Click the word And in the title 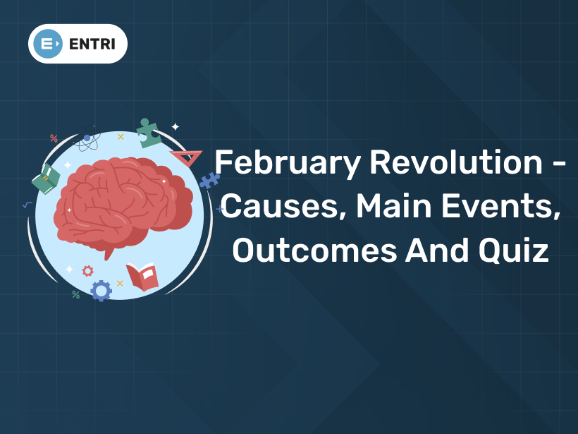436,250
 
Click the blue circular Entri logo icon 48,44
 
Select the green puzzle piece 148,132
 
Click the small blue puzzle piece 209,180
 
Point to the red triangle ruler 187,157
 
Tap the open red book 142,276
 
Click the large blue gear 101,290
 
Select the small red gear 87,270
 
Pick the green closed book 46,179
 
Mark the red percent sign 54,138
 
